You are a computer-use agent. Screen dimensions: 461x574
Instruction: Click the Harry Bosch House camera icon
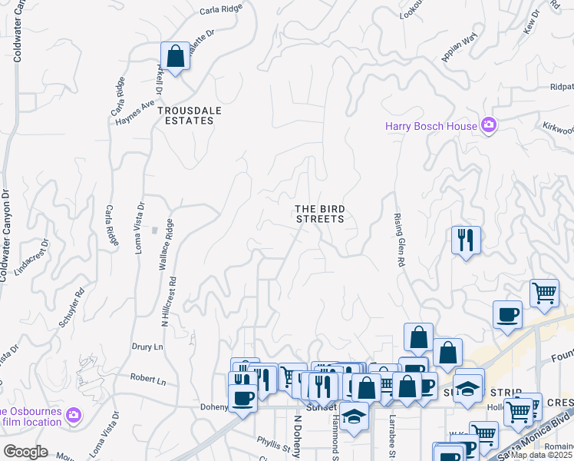(x=488, y=125)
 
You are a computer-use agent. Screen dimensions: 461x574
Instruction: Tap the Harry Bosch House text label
(x=432, y=125)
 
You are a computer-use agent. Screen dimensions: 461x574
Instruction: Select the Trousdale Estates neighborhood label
(x=190, y=115)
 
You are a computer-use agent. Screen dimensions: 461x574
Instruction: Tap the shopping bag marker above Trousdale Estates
(x=176, y=57)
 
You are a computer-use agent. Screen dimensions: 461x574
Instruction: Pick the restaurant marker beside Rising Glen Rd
(x=466, y=240)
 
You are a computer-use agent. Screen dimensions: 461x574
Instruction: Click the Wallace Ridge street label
(x=166, y=246)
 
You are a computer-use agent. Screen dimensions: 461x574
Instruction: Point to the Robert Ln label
(x=148, y=380)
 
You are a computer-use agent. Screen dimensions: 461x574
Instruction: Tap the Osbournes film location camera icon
(x=74, y=416)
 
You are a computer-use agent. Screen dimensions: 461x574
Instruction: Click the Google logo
(x=25, y=452)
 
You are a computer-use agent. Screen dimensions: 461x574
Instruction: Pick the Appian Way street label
(x=459, y=48)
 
